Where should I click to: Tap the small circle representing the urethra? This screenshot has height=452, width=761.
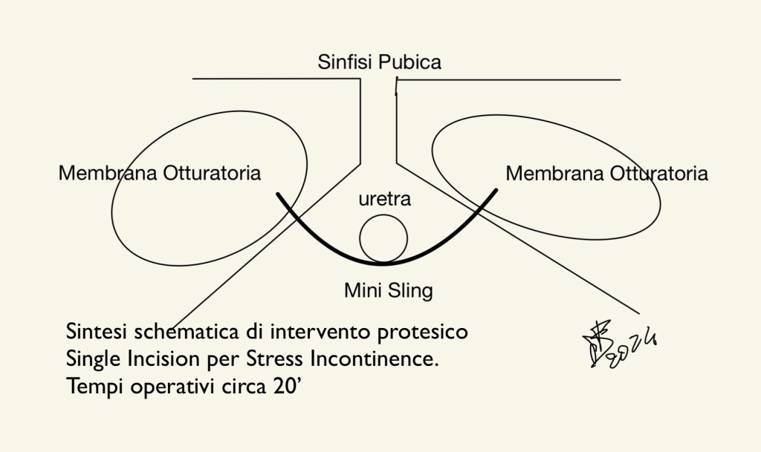(383, 240)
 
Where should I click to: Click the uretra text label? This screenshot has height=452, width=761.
(383, 200)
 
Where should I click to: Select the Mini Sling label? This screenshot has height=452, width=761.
(388, 290)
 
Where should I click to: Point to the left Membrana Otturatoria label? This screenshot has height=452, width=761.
(160, 174)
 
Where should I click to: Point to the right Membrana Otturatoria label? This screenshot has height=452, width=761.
(606, 174)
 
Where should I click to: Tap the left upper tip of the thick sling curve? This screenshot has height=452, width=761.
(278, 194)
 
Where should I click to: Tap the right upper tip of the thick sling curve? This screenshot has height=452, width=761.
(496, 190)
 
